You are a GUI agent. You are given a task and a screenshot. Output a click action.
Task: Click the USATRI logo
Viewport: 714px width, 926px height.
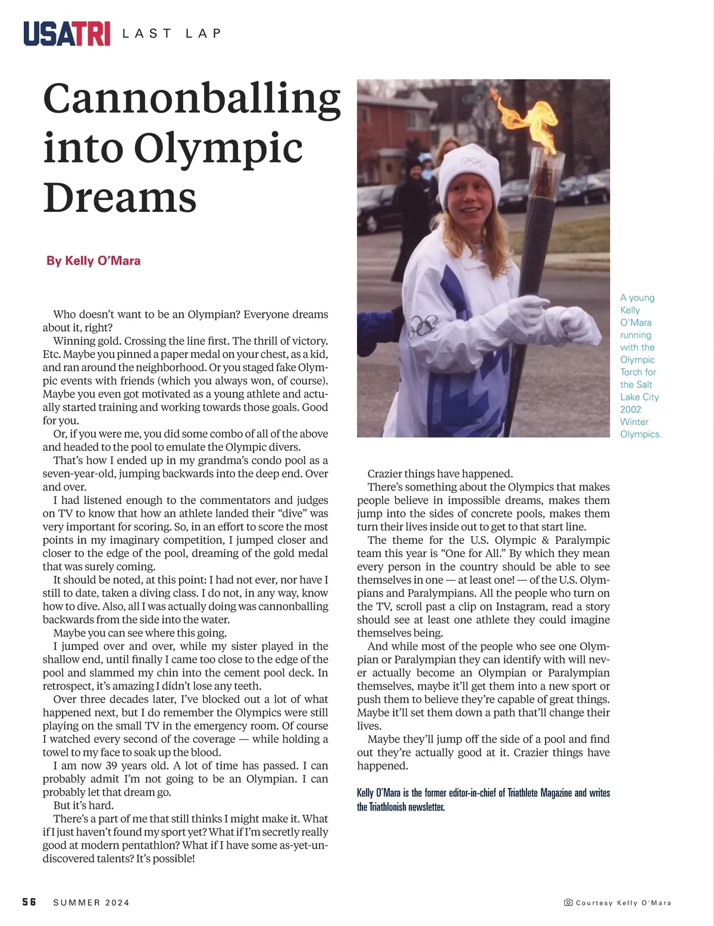[67, 33]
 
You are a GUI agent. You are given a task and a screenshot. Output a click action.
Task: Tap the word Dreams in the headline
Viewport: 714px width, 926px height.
[120, 198]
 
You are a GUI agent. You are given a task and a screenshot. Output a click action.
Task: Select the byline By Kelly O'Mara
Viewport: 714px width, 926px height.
[93, 261]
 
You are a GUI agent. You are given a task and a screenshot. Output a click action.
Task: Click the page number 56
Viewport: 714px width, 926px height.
[29, 902]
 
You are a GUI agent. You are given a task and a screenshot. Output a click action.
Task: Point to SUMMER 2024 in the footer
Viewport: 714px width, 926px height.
[91, 903]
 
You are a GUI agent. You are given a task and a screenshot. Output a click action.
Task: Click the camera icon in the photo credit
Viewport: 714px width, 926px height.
[568, 903]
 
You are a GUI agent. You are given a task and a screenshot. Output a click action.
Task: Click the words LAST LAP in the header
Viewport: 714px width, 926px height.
[171, 34]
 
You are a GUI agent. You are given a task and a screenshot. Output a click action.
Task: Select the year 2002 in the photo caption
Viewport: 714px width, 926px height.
[631, 409]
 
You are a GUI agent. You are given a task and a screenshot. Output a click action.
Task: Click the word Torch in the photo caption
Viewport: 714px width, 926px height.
[632, 372]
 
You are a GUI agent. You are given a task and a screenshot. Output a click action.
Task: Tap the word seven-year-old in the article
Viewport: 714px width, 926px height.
[78, 474]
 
